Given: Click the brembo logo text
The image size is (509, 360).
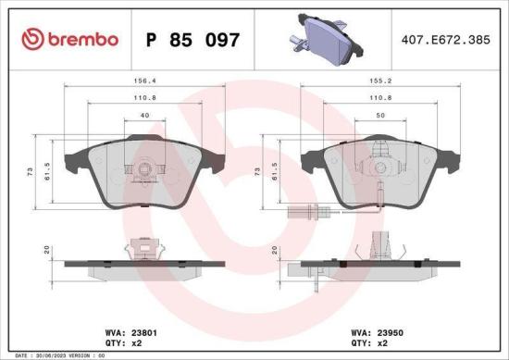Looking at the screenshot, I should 70,39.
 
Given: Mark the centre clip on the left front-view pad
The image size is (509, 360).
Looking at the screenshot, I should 142,169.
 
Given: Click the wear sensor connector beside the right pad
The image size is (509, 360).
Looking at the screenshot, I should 300,218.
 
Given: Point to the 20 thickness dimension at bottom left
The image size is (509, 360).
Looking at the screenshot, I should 45,250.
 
